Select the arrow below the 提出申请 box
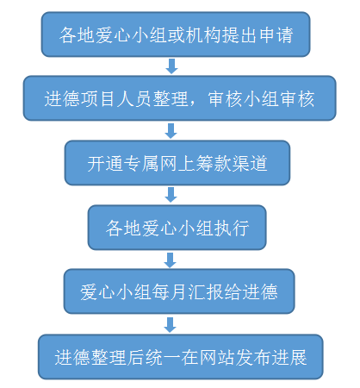pos(171,66)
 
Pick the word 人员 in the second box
pos(134,99)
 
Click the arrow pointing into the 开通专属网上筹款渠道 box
pos(171,131)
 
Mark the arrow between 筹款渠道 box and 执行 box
pos(171,195)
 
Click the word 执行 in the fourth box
pos(232,228)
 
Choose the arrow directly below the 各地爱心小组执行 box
pos(170,260)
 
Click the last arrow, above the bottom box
pos(170,325)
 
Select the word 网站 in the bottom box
pos(217,358)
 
